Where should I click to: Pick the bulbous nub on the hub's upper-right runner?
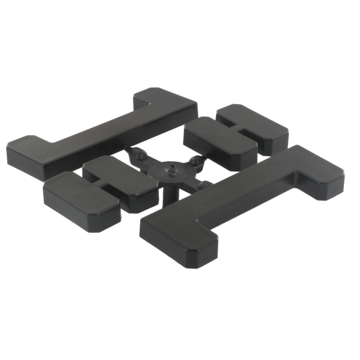[195, 161]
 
